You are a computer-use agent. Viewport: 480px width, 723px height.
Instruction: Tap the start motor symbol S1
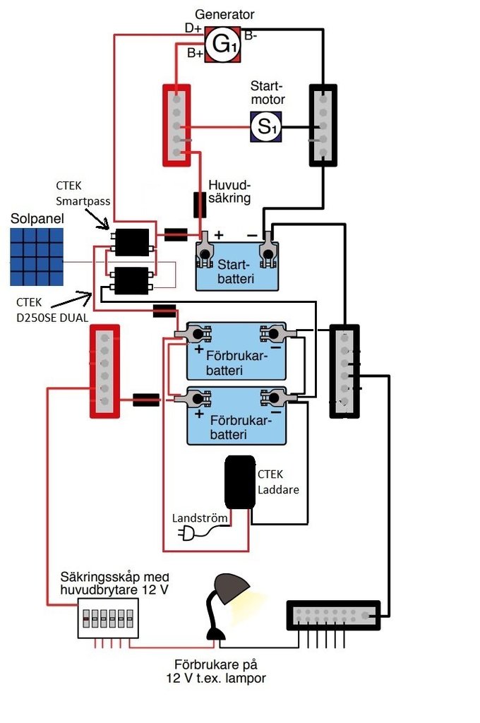(267, 127)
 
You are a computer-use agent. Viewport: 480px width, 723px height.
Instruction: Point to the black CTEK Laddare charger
(240, 482)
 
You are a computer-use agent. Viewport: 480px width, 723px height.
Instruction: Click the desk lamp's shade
(232, 587)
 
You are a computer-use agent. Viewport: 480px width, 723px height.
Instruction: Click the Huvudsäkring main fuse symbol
(200, 204)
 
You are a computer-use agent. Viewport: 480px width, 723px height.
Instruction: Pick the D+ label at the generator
(193, 28)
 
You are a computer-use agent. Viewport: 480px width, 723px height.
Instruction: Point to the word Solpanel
(37, 219)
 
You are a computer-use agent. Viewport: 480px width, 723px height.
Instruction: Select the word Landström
(200, 518)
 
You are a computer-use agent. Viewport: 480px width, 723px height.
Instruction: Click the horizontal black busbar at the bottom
(333, 615)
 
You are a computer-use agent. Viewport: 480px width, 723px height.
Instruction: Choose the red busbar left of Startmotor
(177, 125)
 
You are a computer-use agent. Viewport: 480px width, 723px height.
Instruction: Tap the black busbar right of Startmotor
(323, 125)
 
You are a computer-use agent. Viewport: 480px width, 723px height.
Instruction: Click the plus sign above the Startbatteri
(219, 234)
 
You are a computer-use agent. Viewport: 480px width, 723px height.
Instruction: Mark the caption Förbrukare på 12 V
(220, 671)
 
